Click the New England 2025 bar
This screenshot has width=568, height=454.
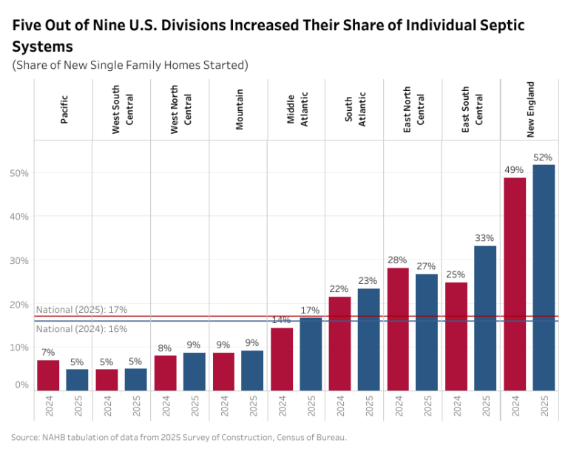(x=544, y=278)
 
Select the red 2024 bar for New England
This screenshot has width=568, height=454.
(x=515, y=284)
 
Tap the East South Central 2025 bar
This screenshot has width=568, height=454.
(x=485, y=318)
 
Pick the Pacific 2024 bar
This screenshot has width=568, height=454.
(x=48, y=376)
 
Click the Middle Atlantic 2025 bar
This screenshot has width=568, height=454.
(x=311, y=354)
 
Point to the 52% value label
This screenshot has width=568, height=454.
(x=543, y=157)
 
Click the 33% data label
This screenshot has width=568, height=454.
(x=484, y=238)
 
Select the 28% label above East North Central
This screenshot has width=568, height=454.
(x=397, y=260)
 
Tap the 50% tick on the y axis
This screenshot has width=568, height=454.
(x=19, y=173)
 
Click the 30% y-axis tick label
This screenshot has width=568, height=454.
(x=19, y=260)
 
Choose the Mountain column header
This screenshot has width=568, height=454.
(x=239, y=109)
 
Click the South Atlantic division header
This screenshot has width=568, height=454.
(x=355, y=109)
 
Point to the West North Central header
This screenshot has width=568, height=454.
(x=180, y=109)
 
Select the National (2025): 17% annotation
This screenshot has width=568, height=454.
(x=81, y=310)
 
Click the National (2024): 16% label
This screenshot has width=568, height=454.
(x=81, y=329)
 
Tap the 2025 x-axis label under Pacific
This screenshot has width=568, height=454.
(x=78, y=406)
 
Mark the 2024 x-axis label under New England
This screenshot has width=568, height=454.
(x=515, y=406)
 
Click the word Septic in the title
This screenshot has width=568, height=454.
(x=502, y=26)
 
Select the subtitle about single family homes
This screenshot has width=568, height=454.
(x=130, y=65)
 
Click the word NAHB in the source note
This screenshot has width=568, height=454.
(x=53, y=437)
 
